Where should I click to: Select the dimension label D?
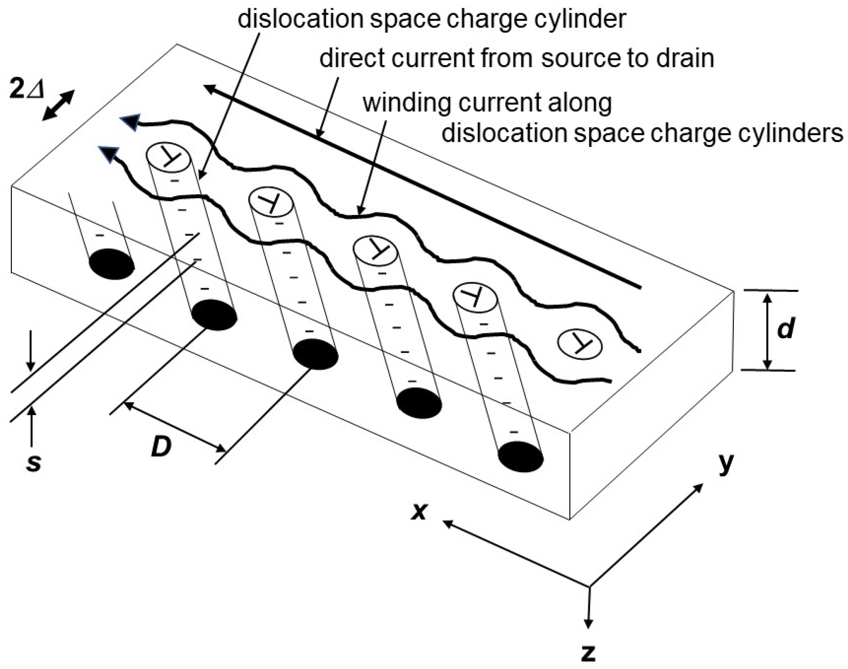161,447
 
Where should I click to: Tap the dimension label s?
34,463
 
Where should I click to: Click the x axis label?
419,511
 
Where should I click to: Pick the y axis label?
726,464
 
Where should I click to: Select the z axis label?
588,652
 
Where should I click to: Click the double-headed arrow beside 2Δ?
58,105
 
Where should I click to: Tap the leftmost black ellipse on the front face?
112,264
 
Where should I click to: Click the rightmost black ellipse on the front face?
521,457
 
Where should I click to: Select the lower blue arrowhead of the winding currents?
108,154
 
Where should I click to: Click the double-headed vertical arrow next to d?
767,331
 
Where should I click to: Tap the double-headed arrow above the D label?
174,426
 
